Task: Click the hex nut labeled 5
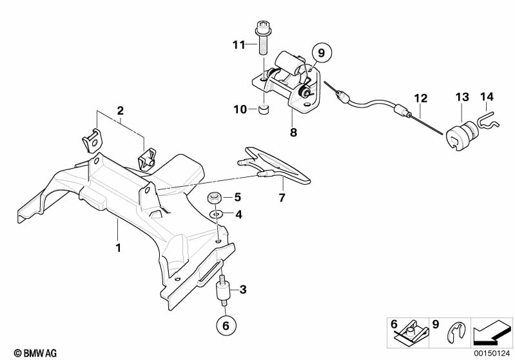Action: click(x=213, y=198)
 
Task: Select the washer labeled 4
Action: click(x=216, y=214)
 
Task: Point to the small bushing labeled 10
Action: click(x=264, y=109)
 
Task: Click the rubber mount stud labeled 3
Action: click(x=222, y=290)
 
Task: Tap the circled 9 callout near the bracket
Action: click(x=321, y=53)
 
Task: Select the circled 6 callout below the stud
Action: click(x=226, y=325)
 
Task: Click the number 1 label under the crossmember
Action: click(x=118, y=248)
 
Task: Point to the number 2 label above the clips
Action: click(x=121, y=111)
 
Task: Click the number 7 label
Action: click(x=282, y=198)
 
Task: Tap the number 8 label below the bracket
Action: click(x=293, y=132)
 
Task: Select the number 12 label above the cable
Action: click(x=421, y=98)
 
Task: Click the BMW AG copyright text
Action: click(x=35, y=353)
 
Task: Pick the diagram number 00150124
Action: click(x=492, y=354)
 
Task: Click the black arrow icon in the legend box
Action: click(x=492, y=332)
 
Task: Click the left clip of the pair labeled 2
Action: click(x=92, y=141)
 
